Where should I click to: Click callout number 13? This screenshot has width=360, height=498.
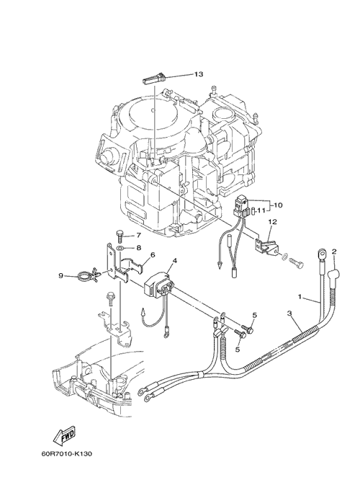[199, 74]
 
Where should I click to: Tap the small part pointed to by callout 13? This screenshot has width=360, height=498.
[154, 79]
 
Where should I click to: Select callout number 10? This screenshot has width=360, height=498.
[277, 205]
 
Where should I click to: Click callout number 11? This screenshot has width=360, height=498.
[261, 210]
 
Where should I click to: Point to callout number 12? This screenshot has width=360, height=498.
[273, 221]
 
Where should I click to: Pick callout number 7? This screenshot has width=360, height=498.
[138, 236]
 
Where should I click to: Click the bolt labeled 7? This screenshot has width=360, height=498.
[120, 236]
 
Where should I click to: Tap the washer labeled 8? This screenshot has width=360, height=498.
[120, 248]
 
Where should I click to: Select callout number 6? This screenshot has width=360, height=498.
[153, 254]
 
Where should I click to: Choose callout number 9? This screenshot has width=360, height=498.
[61, 276]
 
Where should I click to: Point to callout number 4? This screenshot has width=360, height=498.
[175, 261]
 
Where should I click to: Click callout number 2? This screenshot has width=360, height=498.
[333, 252]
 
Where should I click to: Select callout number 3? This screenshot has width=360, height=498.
[289, 314]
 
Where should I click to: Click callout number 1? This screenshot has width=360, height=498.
[300, 297]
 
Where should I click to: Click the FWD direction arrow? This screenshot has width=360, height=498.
[64, 435]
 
